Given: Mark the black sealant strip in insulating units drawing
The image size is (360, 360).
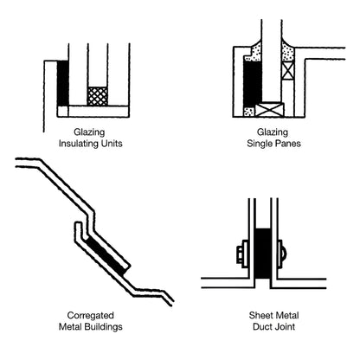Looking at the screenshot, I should [62, 83].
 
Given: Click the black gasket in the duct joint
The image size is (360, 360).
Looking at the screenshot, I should [262, 255].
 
